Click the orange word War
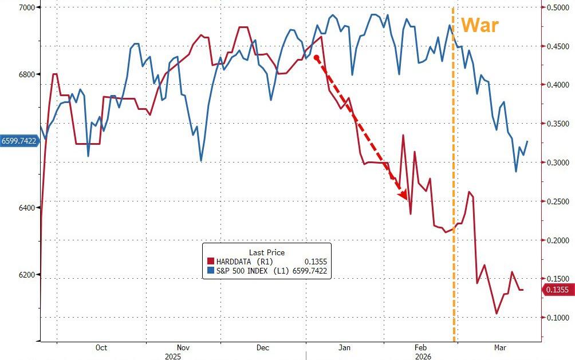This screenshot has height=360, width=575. [x=480, y=26]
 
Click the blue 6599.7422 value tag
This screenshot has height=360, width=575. [x=18, y=141]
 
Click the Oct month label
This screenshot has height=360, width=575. [x=101, y=347]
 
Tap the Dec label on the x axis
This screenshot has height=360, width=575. [x=263, y=347]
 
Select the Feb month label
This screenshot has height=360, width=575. [x=420, y=347]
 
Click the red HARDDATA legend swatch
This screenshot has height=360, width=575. [x=211, y=262]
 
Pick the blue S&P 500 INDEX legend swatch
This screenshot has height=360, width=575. [x=211, y=271]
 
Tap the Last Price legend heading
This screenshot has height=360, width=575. [x=266, y=252]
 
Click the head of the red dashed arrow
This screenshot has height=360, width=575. [x=404, y=196]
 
